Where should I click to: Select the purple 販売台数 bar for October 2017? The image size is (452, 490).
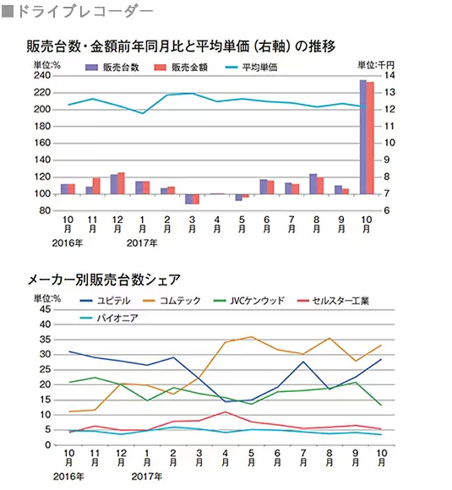point(363,137)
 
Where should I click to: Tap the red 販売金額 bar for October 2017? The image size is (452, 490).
point(370,138)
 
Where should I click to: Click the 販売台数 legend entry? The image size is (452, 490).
point(112,68)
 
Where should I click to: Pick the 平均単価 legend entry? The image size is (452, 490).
point(251,68)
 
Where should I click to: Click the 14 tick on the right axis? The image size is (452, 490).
point(389,75)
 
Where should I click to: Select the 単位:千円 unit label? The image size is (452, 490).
point(376,65)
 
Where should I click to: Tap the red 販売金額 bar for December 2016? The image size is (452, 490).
point(122,183)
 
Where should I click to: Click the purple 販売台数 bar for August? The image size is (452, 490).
point(313,184)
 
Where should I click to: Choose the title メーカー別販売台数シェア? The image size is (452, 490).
point(105,280)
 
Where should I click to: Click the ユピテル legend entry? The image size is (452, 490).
point(105,301)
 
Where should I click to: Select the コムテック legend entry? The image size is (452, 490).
point(172,301)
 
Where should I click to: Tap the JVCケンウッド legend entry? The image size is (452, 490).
point(249,301)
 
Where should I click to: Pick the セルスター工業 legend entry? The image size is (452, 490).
point(333,301)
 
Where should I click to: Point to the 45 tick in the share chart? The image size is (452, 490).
point(46,309)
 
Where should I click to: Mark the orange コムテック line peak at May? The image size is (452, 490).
point(251,337)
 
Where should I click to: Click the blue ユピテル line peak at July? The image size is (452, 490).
point(303,362)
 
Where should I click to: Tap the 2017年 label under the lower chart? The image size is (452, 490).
point(147,476)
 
